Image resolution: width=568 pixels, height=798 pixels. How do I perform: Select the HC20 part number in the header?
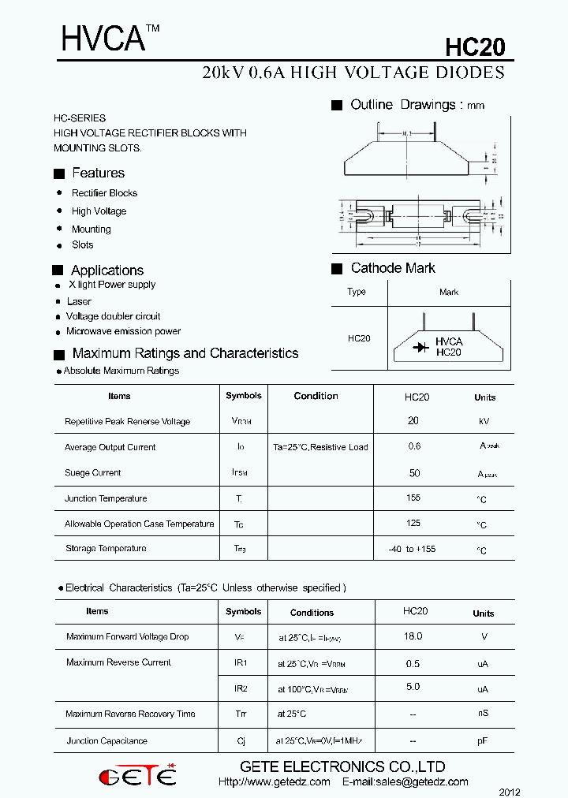[474, 47]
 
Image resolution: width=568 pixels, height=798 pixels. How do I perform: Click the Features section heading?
[98, 173]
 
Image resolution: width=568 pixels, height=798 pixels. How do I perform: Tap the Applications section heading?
[107, 270]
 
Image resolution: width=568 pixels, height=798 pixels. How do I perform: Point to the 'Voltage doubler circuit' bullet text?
[113, 316]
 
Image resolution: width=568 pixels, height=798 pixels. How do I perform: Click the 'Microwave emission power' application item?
[123, 331]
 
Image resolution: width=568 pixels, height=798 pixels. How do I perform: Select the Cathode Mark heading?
[393, 268]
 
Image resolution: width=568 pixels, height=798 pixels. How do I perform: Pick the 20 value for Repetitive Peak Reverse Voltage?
[413, 421]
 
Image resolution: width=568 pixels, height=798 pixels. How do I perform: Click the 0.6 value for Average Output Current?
[414, 446]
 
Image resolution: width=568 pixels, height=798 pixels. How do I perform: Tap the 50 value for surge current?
[414, 472]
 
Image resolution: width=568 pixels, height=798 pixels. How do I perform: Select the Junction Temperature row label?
[106, 498]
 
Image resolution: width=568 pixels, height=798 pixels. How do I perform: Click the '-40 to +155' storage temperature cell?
[413, 549]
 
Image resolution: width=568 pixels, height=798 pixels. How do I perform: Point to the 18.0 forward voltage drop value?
[413, 636]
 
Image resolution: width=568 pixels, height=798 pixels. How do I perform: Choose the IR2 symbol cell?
[241, 688]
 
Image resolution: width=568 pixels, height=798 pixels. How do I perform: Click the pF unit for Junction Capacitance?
[483, 741]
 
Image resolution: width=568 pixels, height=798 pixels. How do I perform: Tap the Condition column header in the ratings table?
[316, 396]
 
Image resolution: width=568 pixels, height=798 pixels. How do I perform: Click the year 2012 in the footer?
[510, 792]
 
